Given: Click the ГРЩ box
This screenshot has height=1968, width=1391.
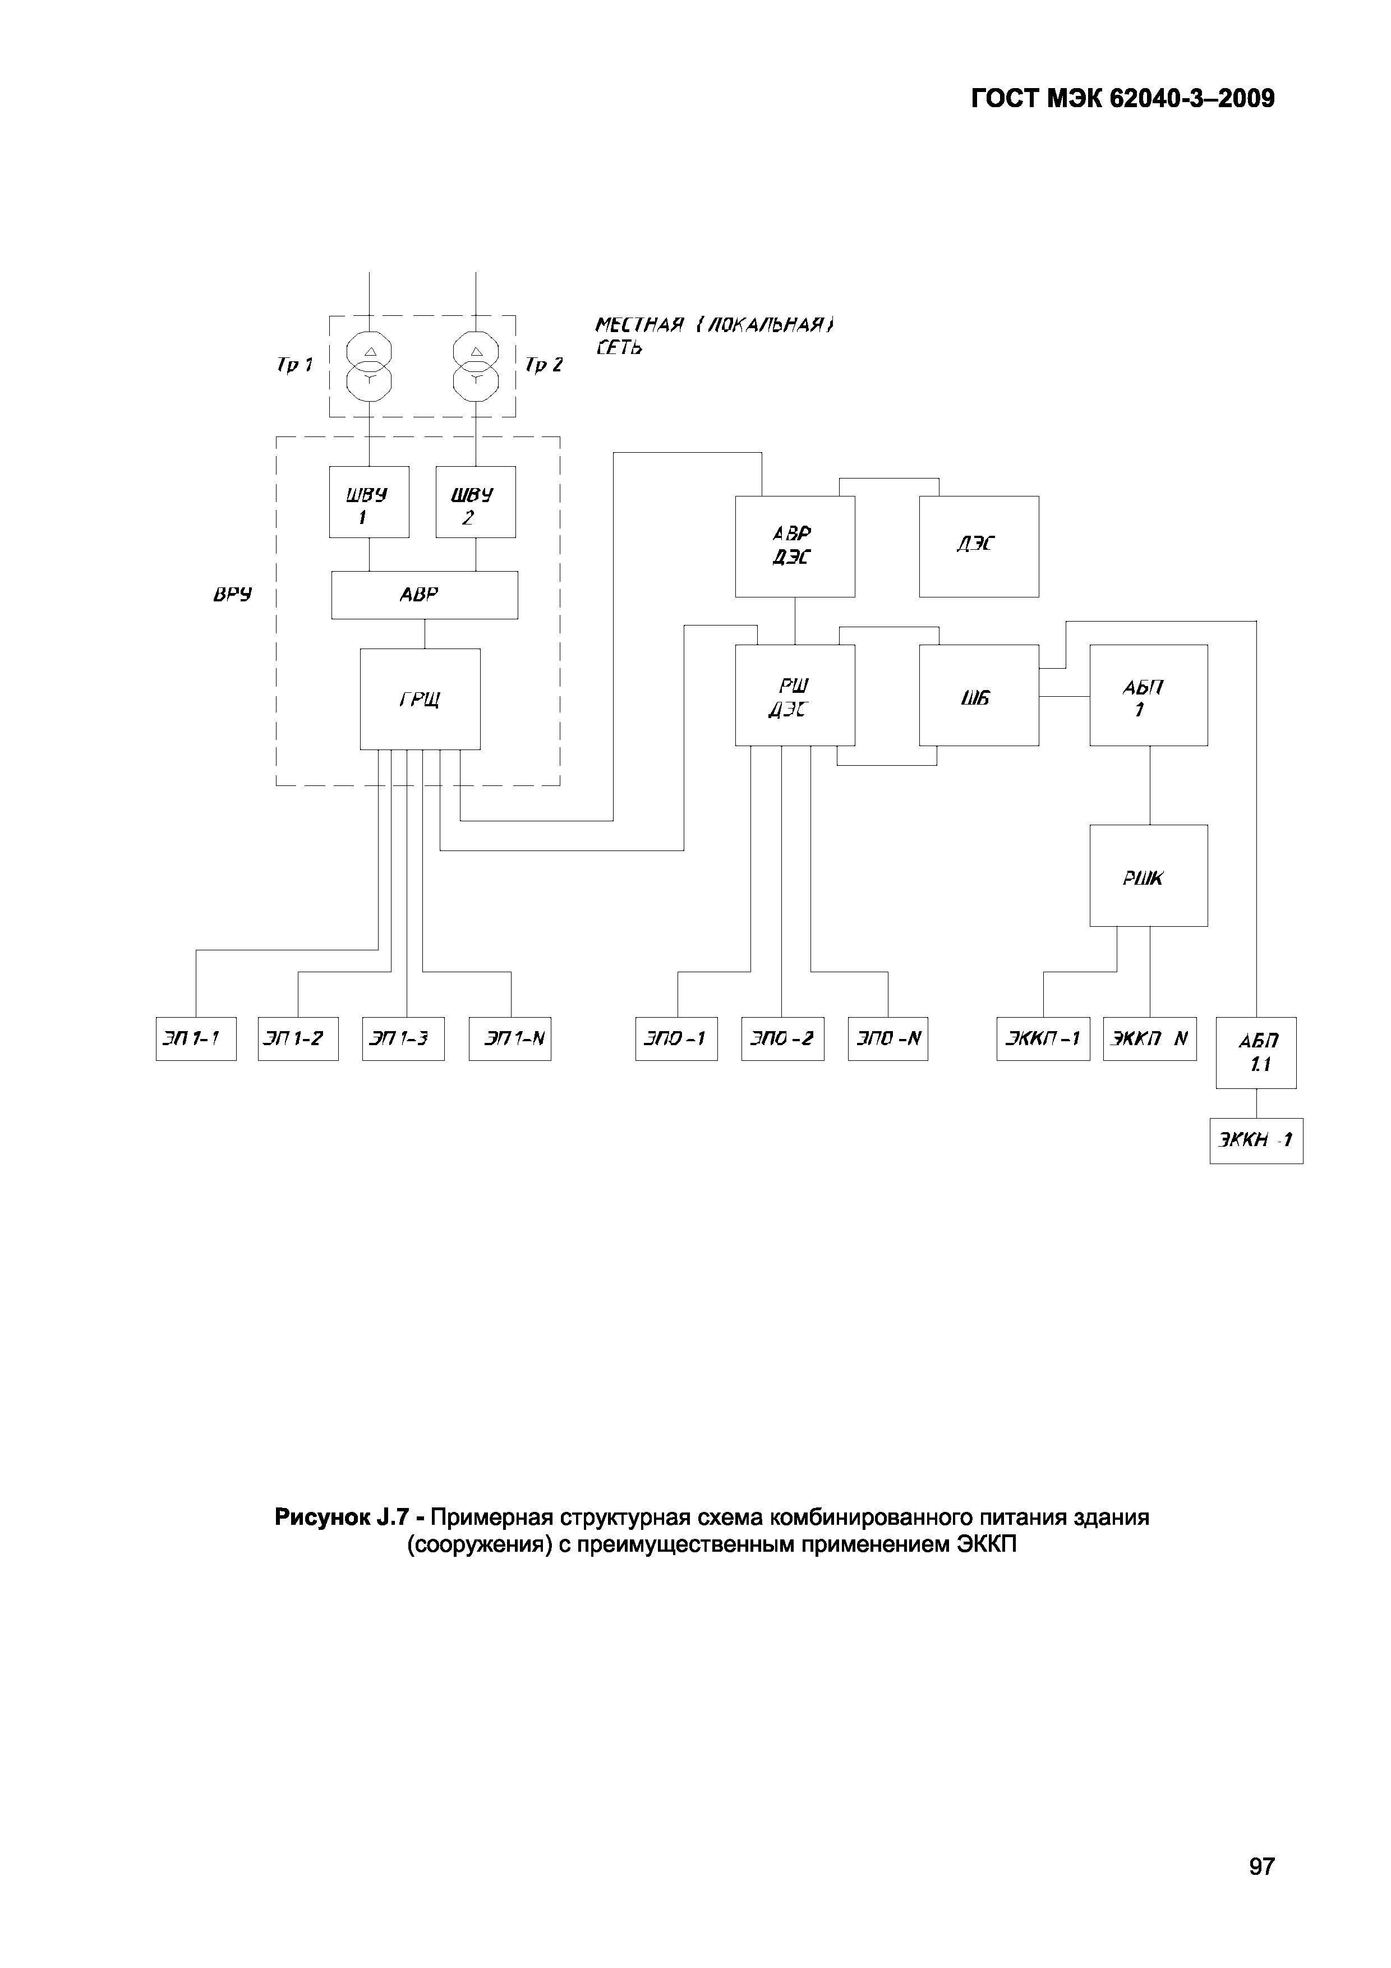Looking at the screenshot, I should pos(420,698).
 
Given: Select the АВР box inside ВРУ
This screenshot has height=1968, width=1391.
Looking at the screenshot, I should pos(424,595).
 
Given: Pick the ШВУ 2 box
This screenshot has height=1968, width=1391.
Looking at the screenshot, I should pos(476,502).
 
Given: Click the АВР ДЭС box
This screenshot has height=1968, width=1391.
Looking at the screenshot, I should pos(794,546).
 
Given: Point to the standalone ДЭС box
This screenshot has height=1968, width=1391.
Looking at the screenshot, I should pos(979,546).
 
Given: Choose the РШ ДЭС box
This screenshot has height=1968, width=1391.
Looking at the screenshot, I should pos(794,695).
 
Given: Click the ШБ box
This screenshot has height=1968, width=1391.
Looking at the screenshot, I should pos(979,695).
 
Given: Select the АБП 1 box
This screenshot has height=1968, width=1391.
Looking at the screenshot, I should pos(1149,695).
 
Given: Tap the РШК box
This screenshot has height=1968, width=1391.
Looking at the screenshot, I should pos(1149,875).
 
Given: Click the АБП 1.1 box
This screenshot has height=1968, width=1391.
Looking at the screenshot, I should pos(1256,1052).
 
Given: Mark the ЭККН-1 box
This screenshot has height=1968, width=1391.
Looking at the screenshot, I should pos(1256,1141).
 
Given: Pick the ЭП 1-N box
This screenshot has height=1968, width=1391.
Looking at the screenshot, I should pos(510,1039).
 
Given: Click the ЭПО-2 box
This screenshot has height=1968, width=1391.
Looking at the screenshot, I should pos(782,1039).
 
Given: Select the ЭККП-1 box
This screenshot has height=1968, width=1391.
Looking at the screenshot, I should pos(1043,1039).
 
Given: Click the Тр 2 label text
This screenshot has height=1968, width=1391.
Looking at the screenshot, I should pos(543,366).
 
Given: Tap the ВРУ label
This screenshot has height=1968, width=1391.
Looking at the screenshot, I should pos(232,595).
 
